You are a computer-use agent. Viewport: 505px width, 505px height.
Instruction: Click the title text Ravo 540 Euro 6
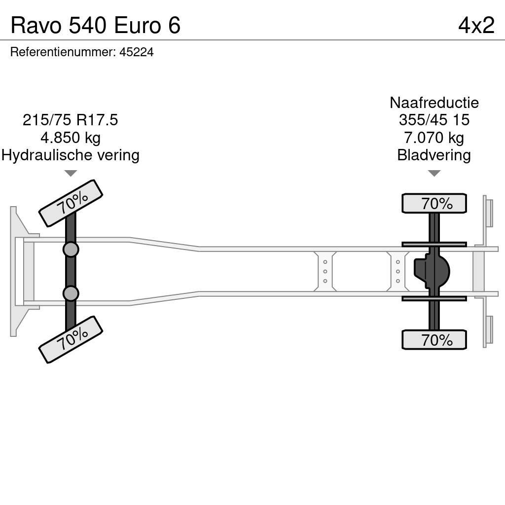pyautogui.click(x=96, y=25)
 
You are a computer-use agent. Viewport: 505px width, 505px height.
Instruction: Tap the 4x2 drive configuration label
pyautogui.click(x=476, y=25)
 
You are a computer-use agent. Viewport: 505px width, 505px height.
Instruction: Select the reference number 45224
pyautogui.click(x=137, y=52)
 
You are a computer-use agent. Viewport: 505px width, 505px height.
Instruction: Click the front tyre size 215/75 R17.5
pyautogui.click(x=71, y=120)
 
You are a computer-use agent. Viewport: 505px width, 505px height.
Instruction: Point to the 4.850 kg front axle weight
pyautogui.click(x=71, y=138)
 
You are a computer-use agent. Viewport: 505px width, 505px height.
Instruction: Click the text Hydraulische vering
pyautogui.click(x=71, y=155)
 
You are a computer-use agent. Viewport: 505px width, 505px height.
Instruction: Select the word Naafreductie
pyautogui.click(x=434, y=103)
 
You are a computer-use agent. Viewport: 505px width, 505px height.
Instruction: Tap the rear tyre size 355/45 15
pyautogui.click(x=434, y=120)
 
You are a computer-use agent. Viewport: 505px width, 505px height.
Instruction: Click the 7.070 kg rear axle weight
pyautogui.click(x=434, y=138)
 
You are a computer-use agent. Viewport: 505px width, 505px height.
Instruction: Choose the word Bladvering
pyautogui.click(x=434, y=155)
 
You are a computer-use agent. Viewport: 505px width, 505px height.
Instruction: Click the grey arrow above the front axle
pyautogui.click(x=71, y=173)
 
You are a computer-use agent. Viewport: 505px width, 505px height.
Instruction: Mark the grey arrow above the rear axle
pyautogui.click(x=434, y=173)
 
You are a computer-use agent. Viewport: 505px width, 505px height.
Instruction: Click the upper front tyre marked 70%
pyautogui.click(x=71, y=203)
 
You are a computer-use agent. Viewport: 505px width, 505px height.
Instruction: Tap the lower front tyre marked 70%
pyautogui.click(x=71, y=339)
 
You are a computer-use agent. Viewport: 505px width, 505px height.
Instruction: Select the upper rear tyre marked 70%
pyautogui.click(x=434, y=203)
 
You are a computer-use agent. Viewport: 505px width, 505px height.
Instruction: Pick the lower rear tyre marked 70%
pyautogui.click(x=434, y=340)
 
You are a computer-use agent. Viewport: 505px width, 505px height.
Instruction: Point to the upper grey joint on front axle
pyautogui.click(x=71, y=249)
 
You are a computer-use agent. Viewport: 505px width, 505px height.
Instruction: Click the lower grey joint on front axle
pyautogui.click(x=71, y=293)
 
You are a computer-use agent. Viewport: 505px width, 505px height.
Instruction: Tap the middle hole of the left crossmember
pyautogui.click(x=325, y=271)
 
